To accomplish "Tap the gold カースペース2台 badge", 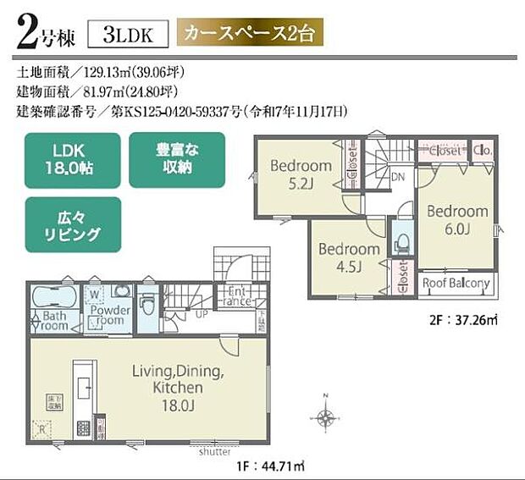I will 250,35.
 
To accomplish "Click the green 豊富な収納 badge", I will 177,159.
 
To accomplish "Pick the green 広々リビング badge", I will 73,224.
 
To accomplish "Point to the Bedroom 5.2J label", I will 301,174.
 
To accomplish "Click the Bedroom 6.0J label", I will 456,219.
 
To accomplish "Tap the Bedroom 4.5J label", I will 349,257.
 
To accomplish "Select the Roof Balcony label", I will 456,284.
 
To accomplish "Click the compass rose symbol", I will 324,417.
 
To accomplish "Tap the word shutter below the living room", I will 214,451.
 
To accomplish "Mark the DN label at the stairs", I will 398,177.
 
